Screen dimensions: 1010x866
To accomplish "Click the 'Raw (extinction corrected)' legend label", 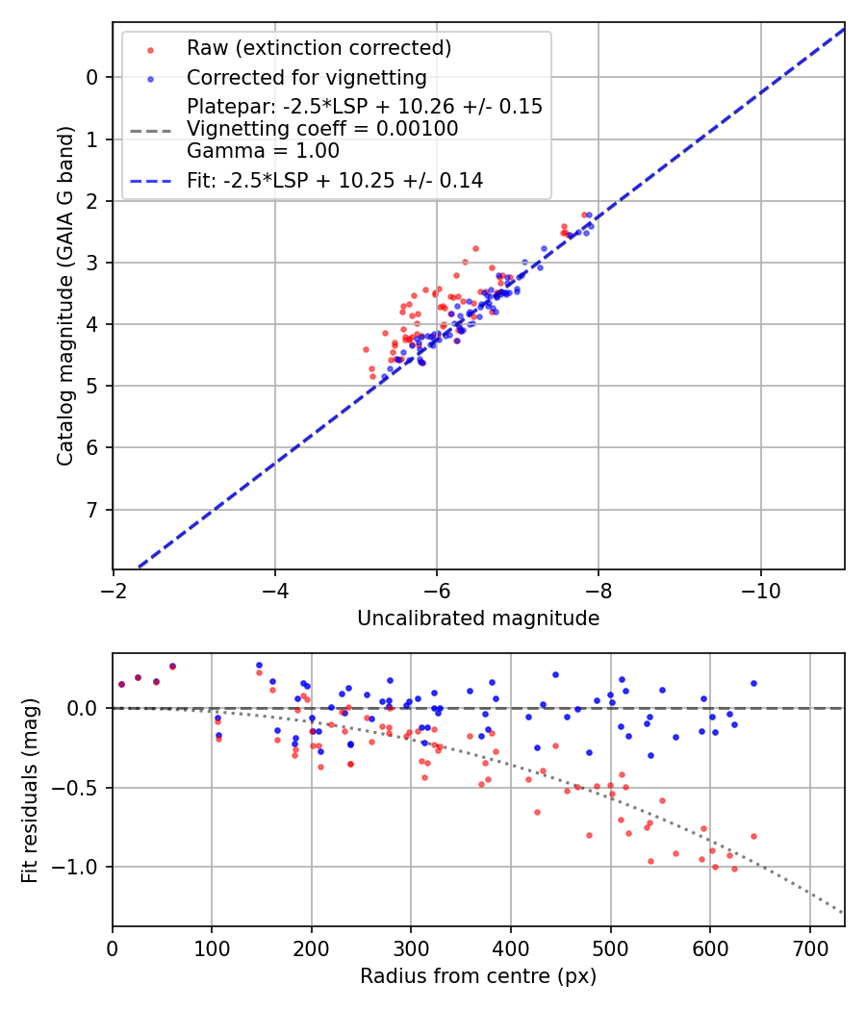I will pyautogui.click(x=318, y=48).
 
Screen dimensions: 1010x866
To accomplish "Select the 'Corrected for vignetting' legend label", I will pyautogui.click(x=306, y=77).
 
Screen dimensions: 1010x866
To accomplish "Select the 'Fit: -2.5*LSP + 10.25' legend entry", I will pyautogui.click(x=334, y=180).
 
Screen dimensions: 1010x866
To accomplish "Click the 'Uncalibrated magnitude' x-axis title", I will pyautogui.click(x=478, y=619).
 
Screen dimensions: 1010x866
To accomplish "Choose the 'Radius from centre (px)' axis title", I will pyautogui.click(x=478, y=976).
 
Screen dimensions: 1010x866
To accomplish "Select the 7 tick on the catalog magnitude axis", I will pyautogui.click(x=92, y=510).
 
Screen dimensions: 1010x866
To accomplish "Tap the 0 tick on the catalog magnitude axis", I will pyautogui.click(x=92, y=77).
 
